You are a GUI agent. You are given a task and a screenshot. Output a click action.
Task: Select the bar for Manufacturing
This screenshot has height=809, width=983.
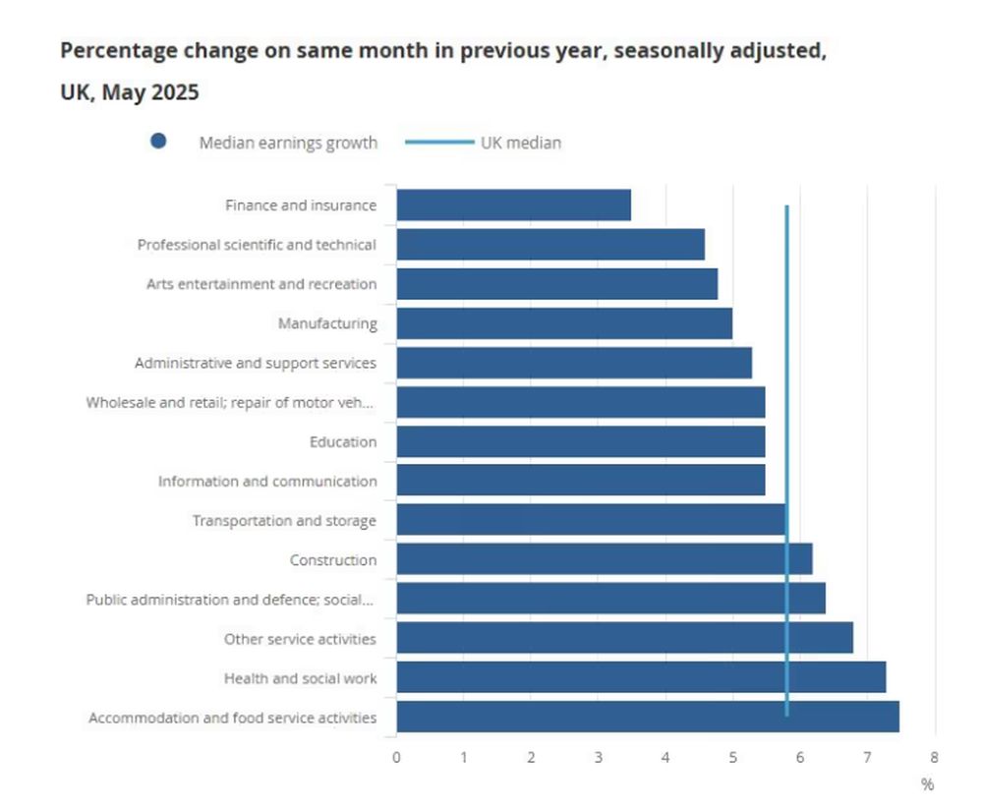[x=564, y=323]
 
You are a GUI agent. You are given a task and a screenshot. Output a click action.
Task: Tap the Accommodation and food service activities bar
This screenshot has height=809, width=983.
[x=647, y=717]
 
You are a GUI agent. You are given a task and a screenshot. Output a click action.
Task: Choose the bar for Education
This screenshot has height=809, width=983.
[x=580, y=441]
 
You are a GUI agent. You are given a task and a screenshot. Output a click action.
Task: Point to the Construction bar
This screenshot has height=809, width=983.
[x=604, y=559]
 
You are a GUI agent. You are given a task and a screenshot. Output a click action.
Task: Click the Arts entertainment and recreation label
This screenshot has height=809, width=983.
[x=261, y=284]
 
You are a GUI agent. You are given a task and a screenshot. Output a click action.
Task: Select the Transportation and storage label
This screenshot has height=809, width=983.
[x=284, y=520]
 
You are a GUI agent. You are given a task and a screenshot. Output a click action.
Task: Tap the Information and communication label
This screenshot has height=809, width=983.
[x=267, y=481]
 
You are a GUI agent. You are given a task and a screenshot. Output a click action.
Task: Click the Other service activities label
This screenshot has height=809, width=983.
[x=300, y=638]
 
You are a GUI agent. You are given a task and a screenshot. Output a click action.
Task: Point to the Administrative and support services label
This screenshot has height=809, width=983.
[x=256, y=363]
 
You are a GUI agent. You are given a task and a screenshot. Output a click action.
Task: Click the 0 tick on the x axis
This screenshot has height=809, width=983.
[x=396, y=757]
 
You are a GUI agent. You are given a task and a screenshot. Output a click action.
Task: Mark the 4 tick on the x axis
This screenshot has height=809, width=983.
[x=665, y=757]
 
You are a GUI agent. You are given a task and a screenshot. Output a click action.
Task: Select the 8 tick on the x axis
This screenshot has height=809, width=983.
[x=934, y=757]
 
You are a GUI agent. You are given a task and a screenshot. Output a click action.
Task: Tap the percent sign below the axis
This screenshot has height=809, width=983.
[x=927, y=783]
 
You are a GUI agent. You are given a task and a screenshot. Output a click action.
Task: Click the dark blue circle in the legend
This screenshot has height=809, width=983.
[x=158, y=142]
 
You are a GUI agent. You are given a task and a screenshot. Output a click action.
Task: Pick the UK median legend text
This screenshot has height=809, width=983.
[x=521, y=143]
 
